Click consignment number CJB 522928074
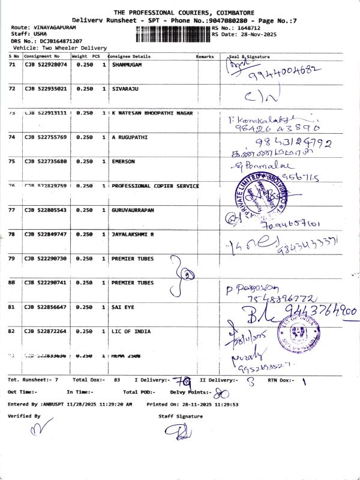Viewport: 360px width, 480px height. [x=46, y=64]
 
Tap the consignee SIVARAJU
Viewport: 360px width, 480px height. [x=125, y=89]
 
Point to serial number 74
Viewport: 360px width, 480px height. [x=11, y=137]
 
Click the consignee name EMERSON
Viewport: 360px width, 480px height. [x=123, y=161]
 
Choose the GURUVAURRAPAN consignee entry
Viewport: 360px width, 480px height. [x=133, y=210]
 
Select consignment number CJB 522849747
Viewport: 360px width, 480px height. [x=46, y=234]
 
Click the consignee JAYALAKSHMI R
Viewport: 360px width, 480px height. [x=133, y=234]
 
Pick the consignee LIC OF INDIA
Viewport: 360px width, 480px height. [x=127, y=331]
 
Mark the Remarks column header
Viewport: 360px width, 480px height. [x=205, y=56]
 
